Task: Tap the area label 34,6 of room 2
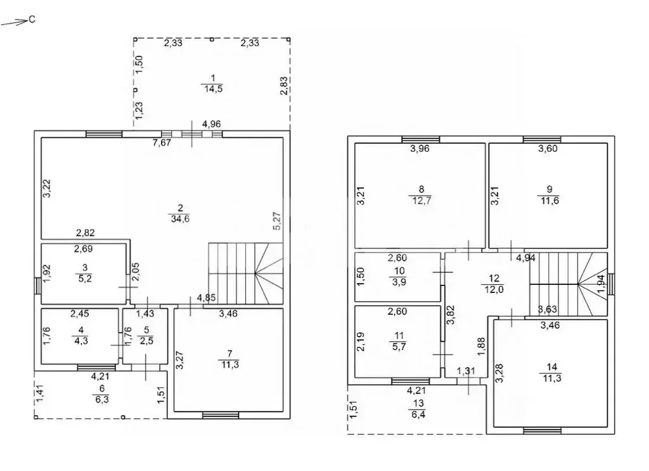(180, 219)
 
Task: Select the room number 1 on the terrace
(213, 78)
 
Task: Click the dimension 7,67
(162, 143)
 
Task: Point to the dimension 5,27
(277, 221)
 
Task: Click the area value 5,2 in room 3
(85, 279)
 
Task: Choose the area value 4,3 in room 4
(81, 341)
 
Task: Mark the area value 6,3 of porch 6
(102, 399)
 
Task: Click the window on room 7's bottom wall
(221, 415)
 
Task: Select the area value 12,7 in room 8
(421, 201)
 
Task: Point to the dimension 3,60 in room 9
(548, 149)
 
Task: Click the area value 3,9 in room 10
(399, 282)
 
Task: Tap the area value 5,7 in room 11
(399, 346)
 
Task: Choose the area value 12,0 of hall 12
(494, 289)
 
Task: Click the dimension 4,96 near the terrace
(211, 123)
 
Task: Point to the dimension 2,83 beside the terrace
(284, 86)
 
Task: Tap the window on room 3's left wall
(37, 286)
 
